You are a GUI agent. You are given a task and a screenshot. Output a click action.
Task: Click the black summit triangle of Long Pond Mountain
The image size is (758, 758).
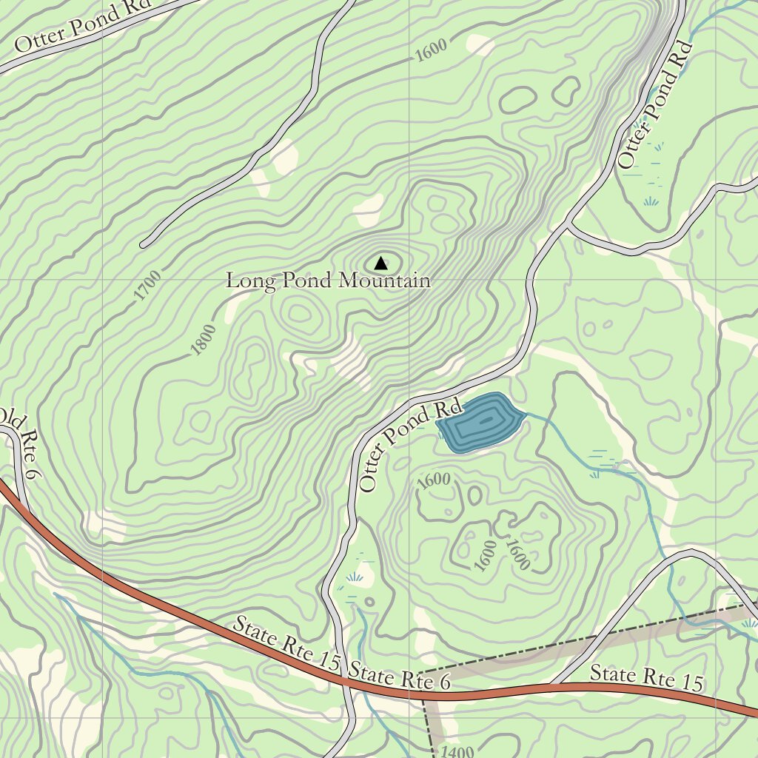tap(380, 263)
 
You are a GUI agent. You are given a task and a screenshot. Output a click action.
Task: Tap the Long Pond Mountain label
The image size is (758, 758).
tap(327, 281)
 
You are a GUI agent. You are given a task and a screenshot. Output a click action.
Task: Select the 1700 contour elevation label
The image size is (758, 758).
tap(148, 286)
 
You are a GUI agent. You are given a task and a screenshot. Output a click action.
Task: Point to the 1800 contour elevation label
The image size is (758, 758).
tap(203, 340)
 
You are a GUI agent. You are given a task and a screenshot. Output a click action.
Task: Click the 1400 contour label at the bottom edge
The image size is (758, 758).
tap(456, 752)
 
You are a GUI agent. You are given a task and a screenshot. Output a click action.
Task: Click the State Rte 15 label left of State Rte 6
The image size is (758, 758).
tap(286, 643)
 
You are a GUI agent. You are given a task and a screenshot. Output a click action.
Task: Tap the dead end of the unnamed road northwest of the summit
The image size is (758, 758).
tap(144, 243)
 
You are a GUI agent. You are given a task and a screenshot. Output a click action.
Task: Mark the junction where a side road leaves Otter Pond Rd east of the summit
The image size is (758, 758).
tap(568, 222)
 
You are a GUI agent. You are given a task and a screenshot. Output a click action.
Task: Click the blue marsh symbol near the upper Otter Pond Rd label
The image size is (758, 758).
tap(651, 200)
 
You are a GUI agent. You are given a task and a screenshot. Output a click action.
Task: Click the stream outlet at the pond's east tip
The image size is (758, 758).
tap(526, 416)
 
